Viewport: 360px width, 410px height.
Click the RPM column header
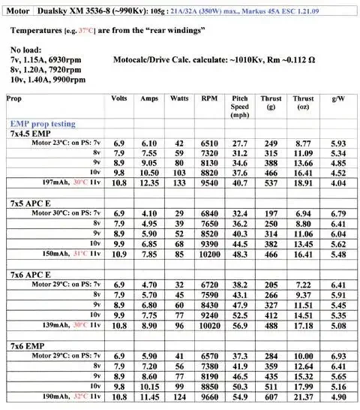[209, 99]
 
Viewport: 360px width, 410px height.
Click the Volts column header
[118, 99]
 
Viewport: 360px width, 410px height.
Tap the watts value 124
[178, 396]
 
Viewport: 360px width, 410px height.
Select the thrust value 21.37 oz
[304, 396]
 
